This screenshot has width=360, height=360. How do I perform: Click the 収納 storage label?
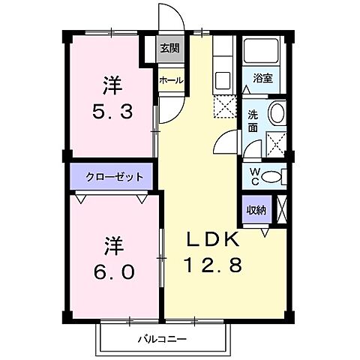pos(256,210)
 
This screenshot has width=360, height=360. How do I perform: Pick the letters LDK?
pos(213,241)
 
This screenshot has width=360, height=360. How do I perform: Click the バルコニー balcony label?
pos(162,339)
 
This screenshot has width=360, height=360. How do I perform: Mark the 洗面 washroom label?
pos(253,121)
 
